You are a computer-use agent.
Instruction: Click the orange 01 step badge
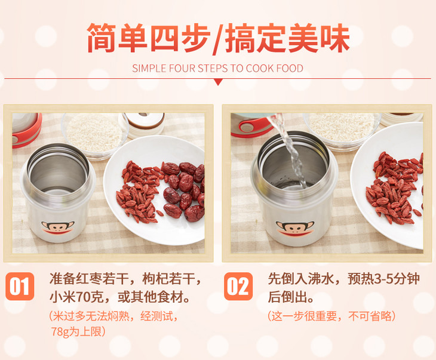point(20,287)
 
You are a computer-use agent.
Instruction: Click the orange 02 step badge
point(238,287)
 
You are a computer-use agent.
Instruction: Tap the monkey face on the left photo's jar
point(57,227)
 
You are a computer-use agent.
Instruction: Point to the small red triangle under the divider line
point(218,82)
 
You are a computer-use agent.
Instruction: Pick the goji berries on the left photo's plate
point(138,192)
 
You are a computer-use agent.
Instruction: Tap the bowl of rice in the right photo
point(342,130)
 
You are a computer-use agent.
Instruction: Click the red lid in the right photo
point(251,126)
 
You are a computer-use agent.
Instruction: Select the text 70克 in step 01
point(88,297)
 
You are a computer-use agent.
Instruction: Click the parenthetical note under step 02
point(331,316)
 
